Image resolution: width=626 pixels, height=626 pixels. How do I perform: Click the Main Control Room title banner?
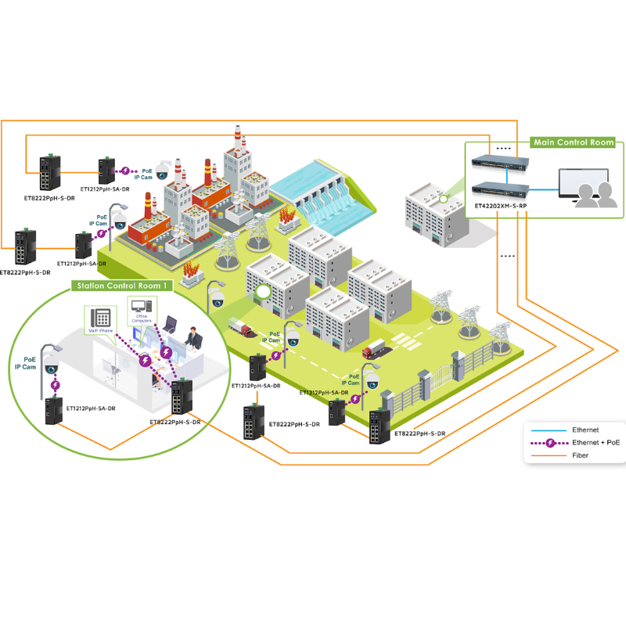pos(572,142)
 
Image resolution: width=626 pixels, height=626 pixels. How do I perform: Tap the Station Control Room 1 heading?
pos(121,286)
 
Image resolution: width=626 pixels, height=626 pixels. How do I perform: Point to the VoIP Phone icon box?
pos(100,318)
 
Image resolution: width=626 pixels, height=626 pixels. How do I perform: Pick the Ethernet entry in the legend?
pos(586,430)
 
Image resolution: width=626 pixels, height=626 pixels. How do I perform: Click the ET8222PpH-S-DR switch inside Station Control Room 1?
pos(182,398)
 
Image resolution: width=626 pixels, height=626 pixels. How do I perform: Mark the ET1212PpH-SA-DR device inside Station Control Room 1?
pos(53,411)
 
